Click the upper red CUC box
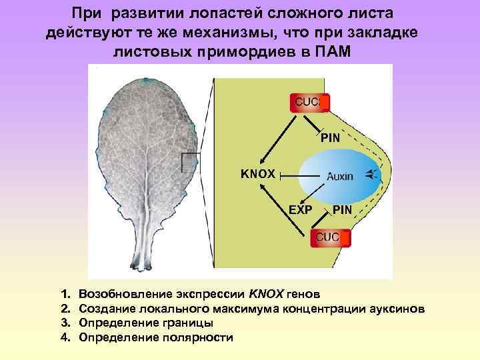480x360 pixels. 309,103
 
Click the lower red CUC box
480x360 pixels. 327,237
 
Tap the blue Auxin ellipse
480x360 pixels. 340,176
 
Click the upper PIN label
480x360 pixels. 330,138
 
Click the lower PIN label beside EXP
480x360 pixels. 342,209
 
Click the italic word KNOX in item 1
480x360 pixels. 267,293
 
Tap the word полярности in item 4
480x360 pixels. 197,337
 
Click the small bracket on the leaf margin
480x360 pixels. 191,163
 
